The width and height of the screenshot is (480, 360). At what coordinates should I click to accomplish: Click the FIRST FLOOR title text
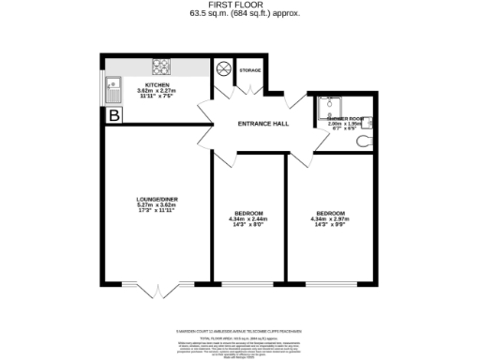[241, 7]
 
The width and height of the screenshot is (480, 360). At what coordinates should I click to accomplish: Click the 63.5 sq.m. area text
[241, 14]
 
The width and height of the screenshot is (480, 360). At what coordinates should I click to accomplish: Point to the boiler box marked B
[114, 115]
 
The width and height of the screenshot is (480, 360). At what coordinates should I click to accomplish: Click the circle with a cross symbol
[224, 68]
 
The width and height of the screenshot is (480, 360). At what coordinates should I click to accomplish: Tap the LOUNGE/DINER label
[157, 199]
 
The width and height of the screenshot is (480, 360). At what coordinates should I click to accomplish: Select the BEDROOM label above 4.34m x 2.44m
[247, 215]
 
